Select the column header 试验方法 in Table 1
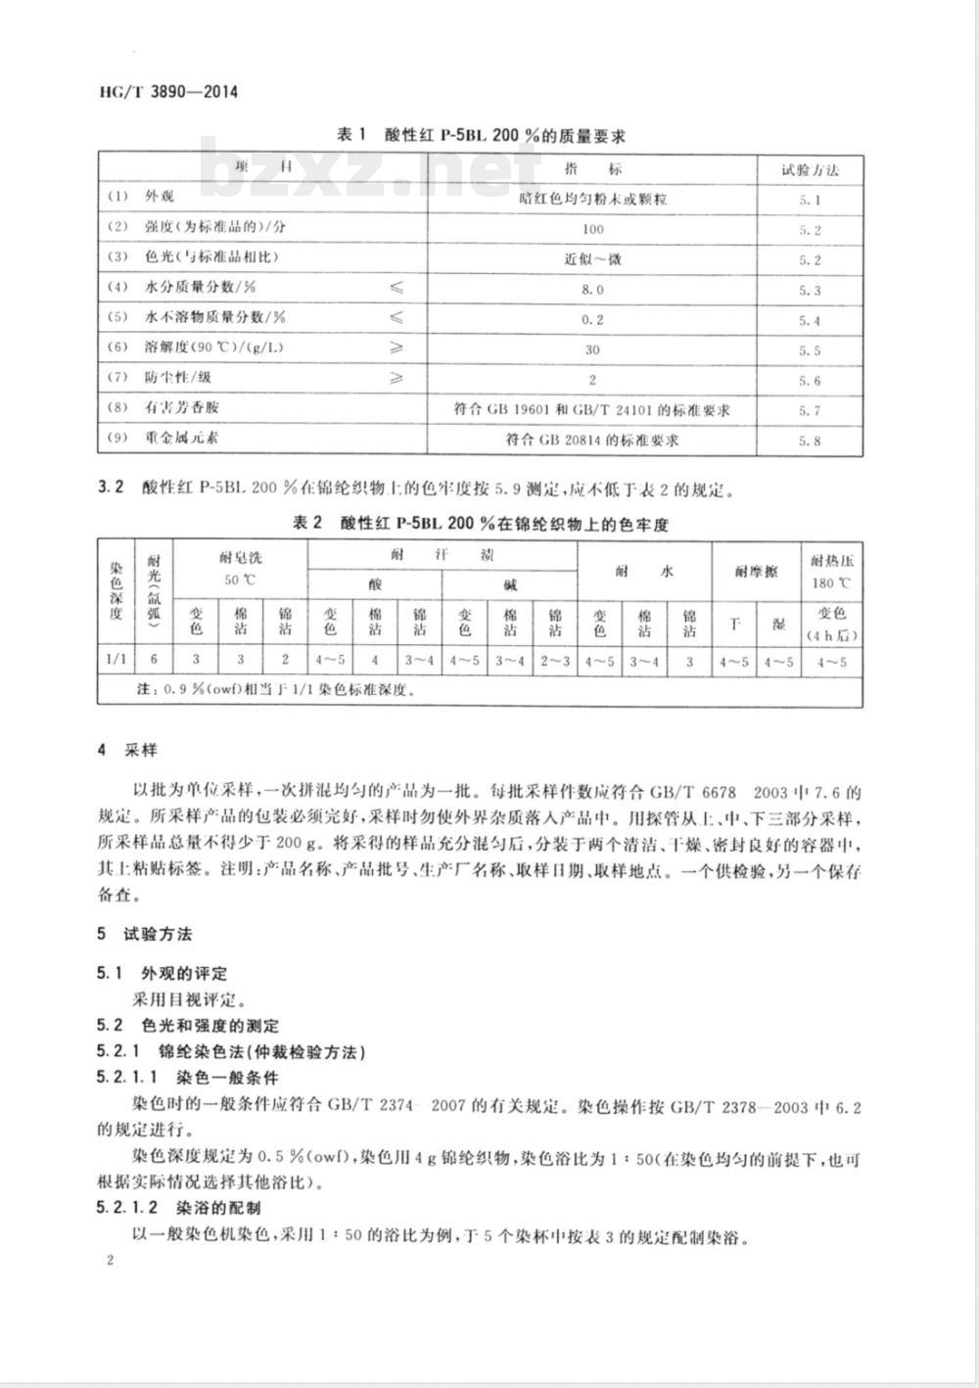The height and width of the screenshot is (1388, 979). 810,168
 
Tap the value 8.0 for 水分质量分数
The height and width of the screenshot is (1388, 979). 593,290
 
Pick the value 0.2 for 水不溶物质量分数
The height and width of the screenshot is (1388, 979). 593,320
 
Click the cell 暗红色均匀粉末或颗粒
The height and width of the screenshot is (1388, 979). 593,199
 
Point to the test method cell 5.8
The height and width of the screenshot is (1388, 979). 810,440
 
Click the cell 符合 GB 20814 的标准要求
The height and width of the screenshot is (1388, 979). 593,440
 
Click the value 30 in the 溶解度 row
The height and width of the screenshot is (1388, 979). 593,349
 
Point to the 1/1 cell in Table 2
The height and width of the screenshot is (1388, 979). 116,661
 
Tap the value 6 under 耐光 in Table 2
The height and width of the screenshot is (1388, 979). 152,661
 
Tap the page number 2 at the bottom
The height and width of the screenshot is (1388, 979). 111,1262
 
